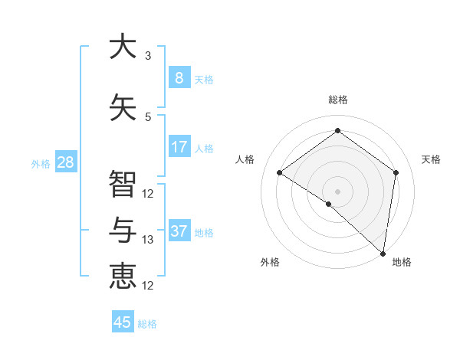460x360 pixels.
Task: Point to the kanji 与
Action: point(123,230)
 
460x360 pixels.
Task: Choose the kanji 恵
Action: point(123,276)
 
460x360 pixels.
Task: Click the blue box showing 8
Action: point(179,77)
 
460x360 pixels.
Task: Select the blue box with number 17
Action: point(179,147)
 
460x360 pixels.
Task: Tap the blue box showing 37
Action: point(179,231)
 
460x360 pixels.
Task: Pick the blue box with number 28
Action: point(65,162)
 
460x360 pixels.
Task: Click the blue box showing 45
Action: point(123,322)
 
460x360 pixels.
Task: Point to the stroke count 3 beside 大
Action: point(148,56)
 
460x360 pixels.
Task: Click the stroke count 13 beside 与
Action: point(148,240)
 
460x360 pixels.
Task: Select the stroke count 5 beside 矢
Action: point(148,117)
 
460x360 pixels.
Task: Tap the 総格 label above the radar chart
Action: point(337,100)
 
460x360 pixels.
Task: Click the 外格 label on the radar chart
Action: point(270,263)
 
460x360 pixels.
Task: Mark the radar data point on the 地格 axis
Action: point(383,253)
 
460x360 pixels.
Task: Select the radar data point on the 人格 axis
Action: point(280,173)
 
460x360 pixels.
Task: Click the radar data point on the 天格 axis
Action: point(396,172)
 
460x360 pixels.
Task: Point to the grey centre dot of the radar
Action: point(337,191)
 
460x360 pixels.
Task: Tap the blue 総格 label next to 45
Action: point(147,324)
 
